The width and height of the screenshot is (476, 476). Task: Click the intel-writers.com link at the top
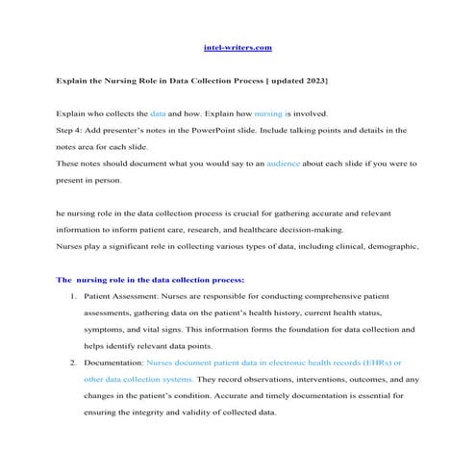tap(238, 46)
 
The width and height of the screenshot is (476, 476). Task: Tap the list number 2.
tap(74, 363)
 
